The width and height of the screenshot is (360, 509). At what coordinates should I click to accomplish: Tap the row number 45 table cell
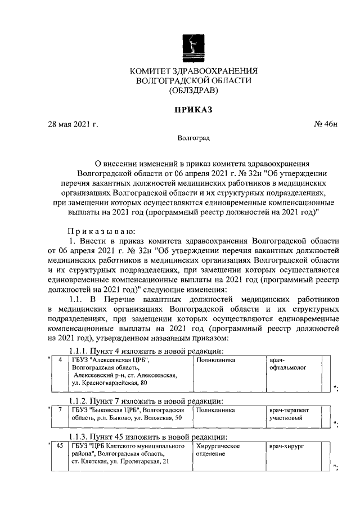pos(60,445)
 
